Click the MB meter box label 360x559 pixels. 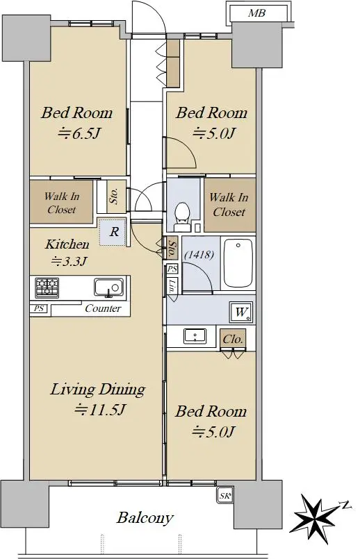click(256, 13)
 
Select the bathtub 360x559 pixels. click(238, 263)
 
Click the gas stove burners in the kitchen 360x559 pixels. click(47, 287)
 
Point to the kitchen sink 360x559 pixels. click(109, 287)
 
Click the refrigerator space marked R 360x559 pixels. click(113, 232)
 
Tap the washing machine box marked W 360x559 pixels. click(242, 312)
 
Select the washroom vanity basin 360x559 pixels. click(195, 336)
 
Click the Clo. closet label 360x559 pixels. click(233, 339)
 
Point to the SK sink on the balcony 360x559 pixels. click(224, 496)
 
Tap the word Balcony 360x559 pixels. click(145, 518)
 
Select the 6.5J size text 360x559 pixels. click(79, 134)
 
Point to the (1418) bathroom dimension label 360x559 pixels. click(199, 255)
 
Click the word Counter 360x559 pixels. click(103, 308)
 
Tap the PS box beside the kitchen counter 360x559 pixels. click(38, 308)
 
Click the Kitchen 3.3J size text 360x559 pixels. click(69, 262)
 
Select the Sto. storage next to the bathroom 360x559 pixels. click(172, 247)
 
